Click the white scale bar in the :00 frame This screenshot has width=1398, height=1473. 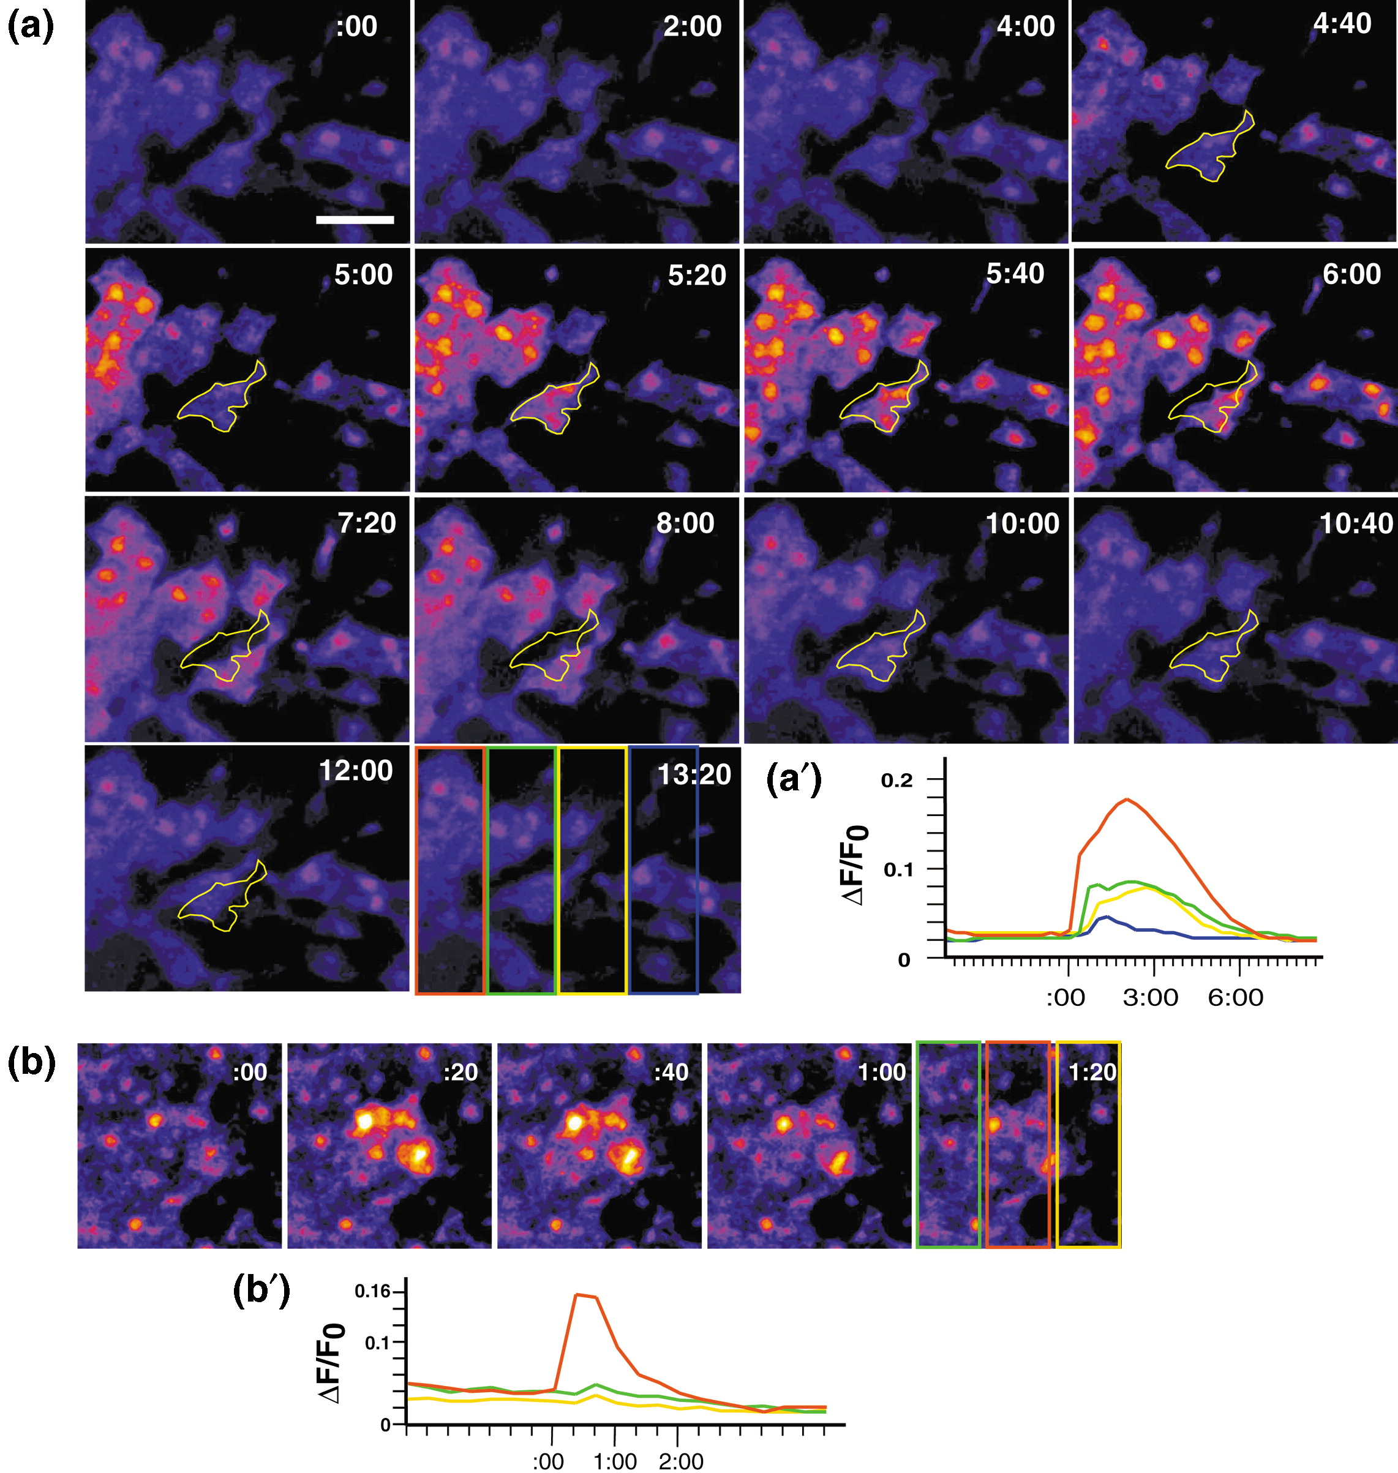[355, 220]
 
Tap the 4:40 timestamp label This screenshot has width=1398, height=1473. [1342, 24]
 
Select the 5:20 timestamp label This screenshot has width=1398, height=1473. [696, 275]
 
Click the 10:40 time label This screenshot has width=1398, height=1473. [1356, 524]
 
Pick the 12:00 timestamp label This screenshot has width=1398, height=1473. [355, 770]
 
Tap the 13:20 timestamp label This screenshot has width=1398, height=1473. [694, 775]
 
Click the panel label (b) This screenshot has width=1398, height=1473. [31, 1063]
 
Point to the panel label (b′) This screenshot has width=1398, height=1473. [261, 1291]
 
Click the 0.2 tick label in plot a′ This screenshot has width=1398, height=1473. [896, 781]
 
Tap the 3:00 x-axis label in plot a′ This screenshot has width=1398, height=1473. [1151, 998]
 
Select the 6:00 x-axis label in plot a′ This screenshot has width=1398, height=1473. [1236, 998]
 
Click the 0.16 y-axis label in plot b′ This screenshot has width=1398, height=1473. [372, 1291]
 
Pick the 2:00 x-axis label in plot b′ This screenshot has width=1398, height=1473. [681, 1461]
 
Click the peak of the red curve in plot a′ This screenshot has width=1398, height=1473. [1127, 800]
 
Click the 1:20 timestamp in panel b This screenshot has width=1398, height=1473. [1092, 1072]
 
